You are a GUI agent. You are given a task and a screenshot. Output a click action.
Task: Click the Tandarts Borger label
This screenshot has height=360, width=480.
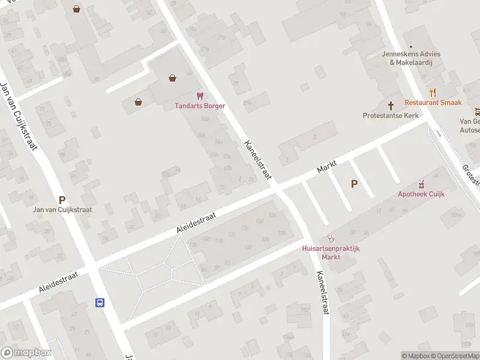tap(200, 106)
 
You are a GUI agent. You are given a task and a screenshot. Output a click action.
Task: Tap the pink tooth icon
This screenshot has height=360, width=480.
tap(200, 96)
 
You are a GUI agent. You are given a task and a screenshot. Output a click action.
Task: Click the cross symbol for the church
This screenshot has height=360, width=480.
tap(391, 104)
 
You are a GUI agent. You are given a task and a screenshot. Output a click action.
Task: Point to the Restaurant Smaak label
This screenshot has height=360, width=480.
tap(433, 103)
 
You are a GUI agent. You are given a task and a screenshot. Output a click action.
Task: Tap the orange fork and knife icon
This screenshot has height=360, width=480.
tap(433, 92)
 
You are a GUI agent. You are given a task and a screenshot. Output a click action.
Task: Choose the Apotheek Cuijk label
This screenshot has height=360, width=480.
tap(421, 194)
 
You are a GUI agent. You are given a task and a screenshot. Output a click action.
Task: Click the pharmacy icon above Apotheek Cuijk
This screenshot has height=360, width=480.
tap(421, 184)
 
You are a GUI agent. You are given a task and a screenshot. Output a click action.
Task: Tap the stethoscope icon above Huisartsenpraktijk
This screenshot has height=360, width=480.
tap(330, 238)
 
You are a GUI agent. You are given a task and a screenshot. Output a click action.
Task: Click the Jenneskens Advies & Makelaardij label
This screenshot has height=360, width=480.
tap(411, 58)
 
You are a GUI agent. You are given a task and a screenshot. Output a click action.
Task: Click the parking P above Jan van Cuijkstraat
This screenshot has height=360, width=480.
tap(61, 200)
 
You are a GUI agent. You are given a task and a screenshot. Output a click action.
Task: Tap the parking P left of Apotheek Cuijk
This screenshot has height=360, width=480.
tap(354, 184)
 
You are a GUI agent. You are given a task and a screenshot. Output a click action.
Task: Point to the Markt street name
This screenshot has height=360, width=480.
tap(327, 167)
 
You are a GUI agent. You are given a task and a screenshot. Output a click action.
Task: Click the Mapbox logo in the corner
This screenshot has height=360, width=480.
tap(26, 353)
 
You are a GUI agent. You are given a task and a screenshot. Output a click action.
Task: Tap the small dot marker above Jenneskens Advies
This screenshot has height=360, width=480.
tap(411, 46)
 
